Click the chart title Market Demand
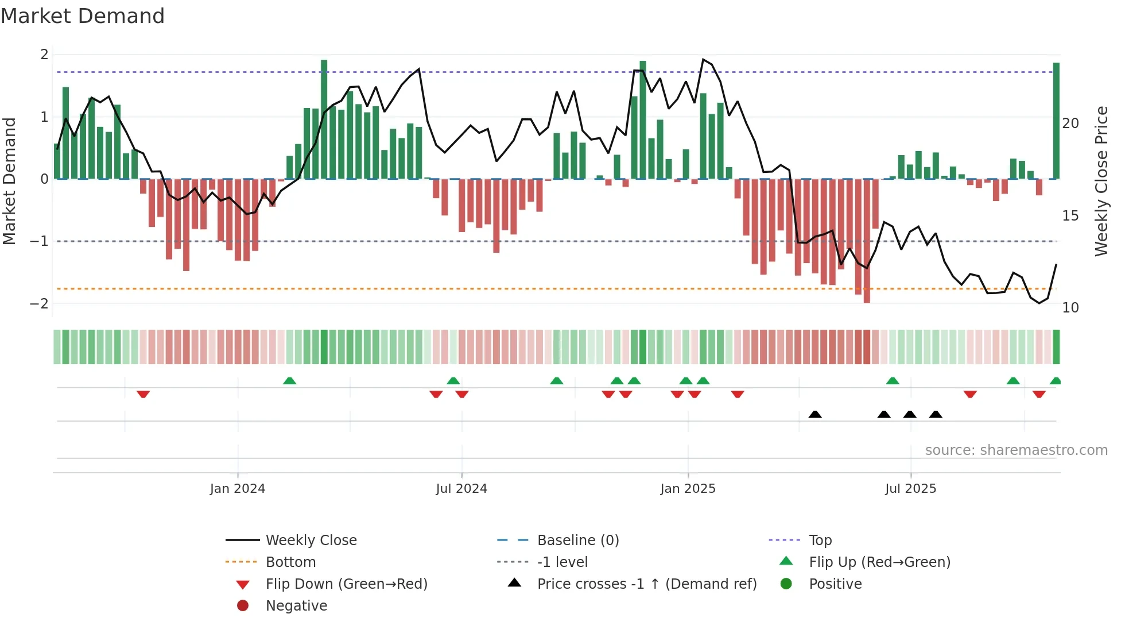point(83,16)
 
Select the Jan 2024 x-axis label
point(237,489)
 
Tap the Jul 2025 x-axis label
point(910,489)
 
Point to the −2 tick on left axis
point(39,303)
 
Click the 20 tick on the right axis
point(1070,123)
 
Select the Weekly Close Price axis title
point(1101,181)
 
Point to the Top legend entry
point(820,541)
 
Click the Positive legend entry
point(835,584)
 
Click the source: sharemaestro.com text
point(1016,450)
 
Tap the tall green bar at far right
point(1056,121)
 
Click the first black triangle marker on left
point(815,414)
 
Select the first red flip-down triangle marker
point(143,394)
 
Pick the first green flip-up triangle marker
point(290,381)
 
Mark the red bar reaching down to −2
point(867,241)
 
